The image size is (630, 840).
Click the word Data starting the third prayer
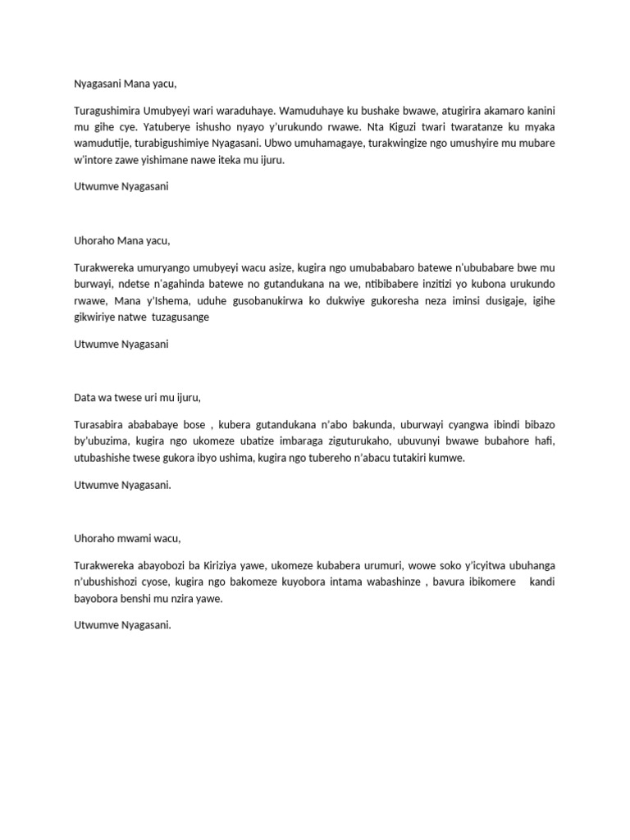[x=84, y=397]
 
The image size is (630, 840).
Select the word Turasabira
[x=100, y=425]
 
